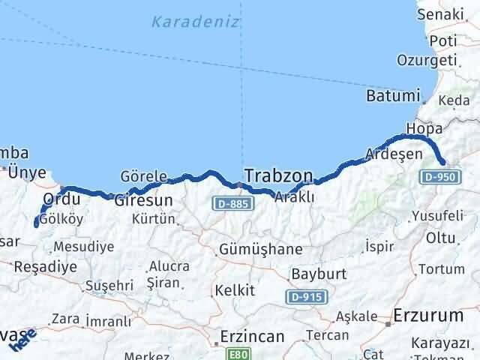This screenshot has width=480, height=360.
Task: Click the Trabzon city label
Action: (277, 176)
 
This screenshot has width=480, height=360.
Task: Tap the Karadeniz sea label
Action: (196, 21)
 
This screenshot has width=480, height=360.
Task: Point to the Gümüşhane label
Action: (260, 249)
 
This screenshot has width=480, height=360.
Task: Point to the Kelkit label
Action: (235, 289)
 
